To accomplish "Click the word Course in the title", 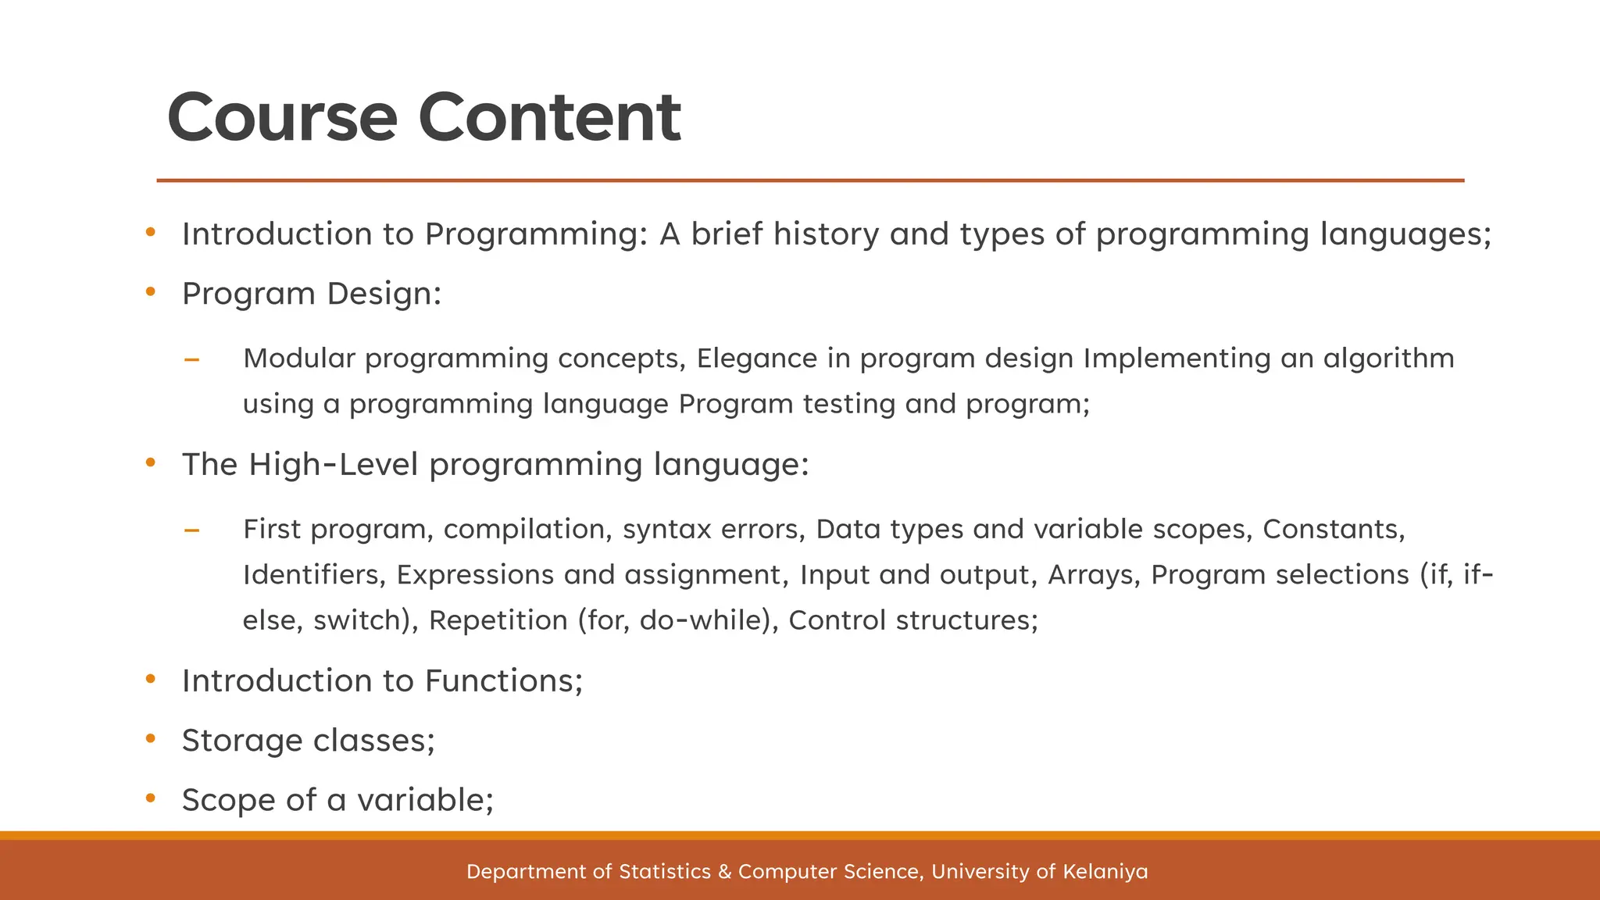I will tap(282, 118).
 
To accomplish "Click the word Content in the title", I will tap(549, 118).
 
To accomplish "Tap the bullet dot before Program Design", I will tap(151, 292).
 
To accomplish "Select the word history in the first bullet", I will tap(826, 234).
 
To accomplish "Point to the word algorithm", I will tap(1388, 359).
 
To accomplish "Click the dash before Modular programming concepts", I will tap(191, 360).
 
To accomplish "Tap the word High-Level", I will tap(334, 465).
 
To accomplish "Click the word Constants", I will tap(1334, 530).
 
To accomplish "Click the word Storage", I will tap(241, 741).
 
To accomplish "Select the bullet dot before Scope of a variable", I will tap(151, 798).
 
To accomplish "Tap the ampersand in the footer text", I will tap(724, 872).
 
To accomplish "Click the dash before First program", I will tap(191, 531).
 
